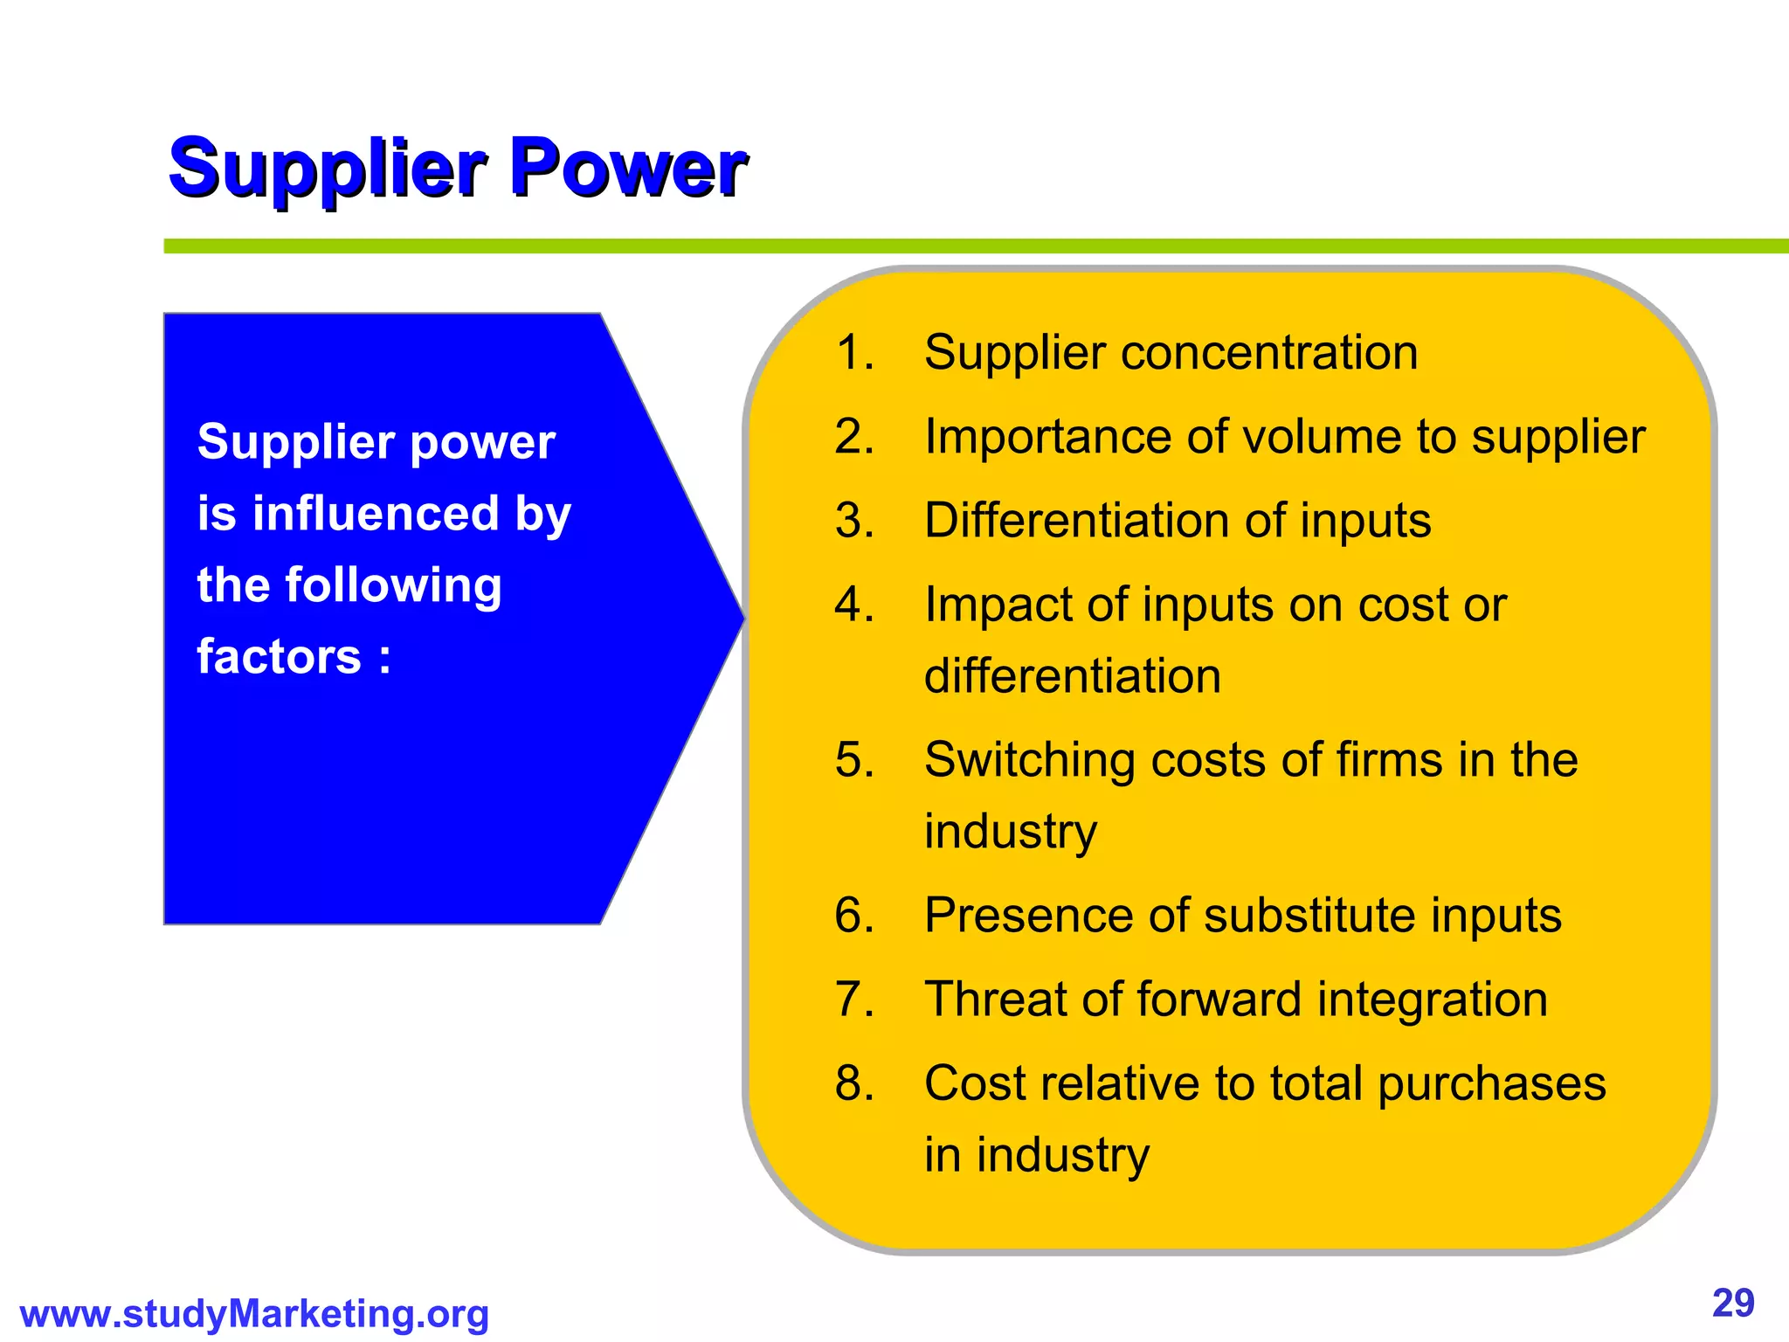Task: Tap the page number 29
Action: (x=1733, y=1304)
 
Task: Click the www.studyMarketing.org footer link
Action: (x=254, y=1314)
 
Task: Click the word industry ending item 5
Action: (x=1011, y=832)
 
